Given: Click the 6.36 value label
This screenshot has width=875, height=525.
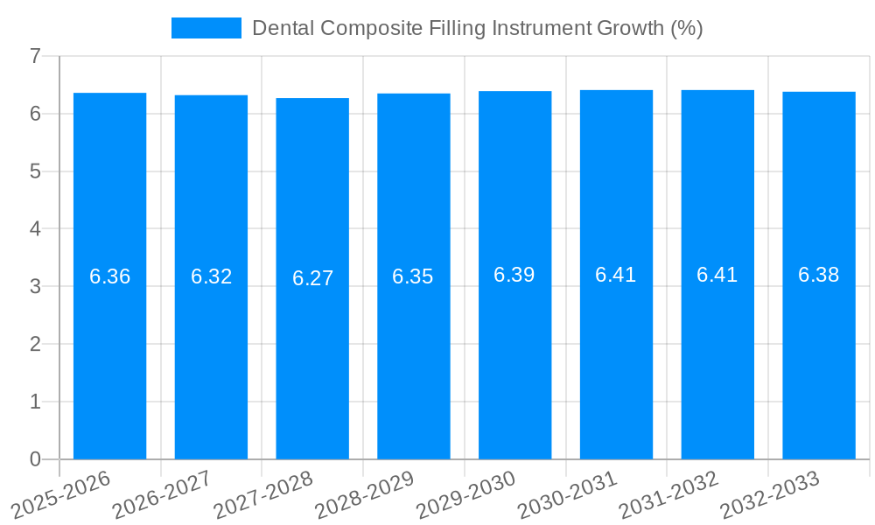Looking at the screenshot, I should [x=109, y=277].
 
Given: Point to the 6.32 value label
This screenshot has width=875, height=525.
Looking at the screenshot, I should [x=211, y=277].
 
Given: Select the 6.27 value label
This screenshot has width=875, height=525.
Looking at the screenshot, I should [x=312, y=278].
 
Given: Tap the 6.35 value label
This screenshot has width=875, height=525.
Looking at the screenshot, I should [x=413, y=277].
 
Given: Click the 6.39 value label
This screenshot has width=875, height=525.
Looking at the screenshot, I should [x=514, y=276].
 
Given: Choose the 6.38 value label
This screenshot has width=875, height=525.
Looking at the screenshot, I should [x=818, y=276].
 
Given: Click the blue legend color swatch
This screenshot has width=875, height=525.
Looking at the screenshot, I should [x=206, y=28].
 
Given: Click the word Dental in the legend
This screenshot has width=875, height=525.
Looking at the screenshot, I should [x=283, y=28].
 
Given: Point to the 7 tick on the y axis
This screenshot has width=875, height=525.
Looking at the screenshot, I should [x=35, y=56].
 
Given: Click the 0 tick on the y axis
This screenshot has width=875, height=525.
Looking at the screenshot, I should [x=35, y=459].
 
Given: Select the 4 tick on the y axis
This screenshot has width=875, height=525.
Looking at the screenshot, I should [x=35, y=229].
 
